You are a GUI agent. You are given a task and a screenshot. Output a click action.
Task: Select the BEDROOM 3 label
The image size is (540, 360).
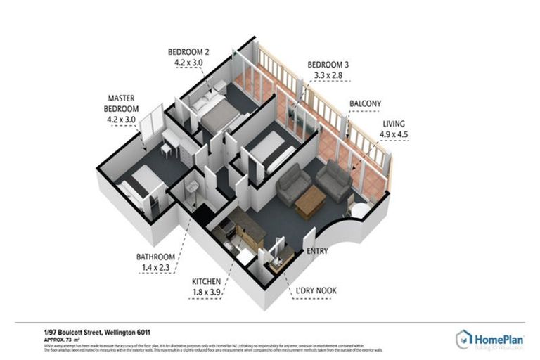click(x=328, y=65)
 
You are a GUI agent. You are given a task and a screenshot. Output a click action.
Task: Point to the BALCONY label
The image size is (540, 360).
click(x=365, y=104)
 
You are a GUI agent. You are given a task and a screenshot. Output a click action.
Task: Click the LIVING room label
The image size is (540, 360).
click(x=394, y=124)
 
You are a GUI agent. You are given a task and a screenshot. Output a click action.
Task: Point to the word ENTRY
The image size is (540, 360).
click(x=317, y=251)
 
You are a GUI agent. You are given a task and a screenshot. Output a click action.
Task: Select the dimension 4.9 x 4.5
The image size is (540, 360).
click(x=394, y=136)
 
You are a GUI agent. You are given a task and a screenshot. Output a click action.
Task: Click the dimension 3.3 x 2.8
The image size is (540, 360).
click(x=328, y=76)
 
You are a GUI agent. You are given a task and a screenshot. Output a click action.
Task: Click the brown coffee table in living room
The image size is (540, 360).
click(x=309, y=205)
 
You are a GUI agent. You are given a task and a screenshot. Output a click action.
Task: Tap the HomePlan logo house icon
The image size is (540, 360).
click(x=463, y=339)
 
